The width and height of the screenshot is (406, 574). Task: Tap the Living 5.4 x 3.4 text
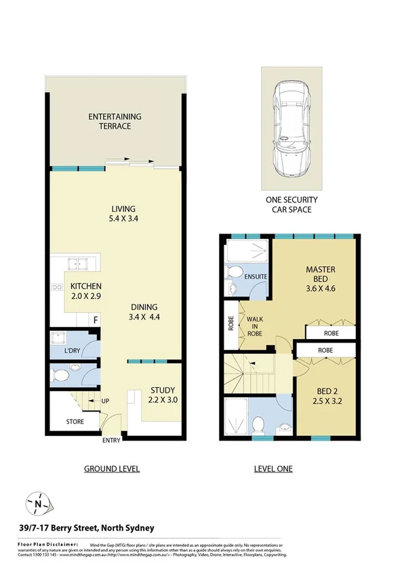pyautogui.click(x=124, y=213)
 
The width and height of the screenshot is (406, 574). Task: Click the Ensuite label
pyautogui.click(x=256, y=277)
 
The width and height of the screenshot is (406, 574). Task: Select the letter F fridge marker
pyautogui.click(x=96, y=320)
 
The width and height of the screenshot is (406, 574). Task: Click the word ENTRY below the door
pyautogui.click(x=112, y=441)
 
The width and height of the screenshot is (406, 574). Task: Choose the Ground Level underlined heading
pyautogui.click(x=112, y=468)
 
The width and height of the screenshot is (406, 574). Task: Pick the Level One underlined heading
pyautogui.click(x=272, y=468)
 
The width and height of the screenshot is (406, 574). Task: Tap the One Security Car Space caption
pyautogui.click(x=291, y=205)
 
